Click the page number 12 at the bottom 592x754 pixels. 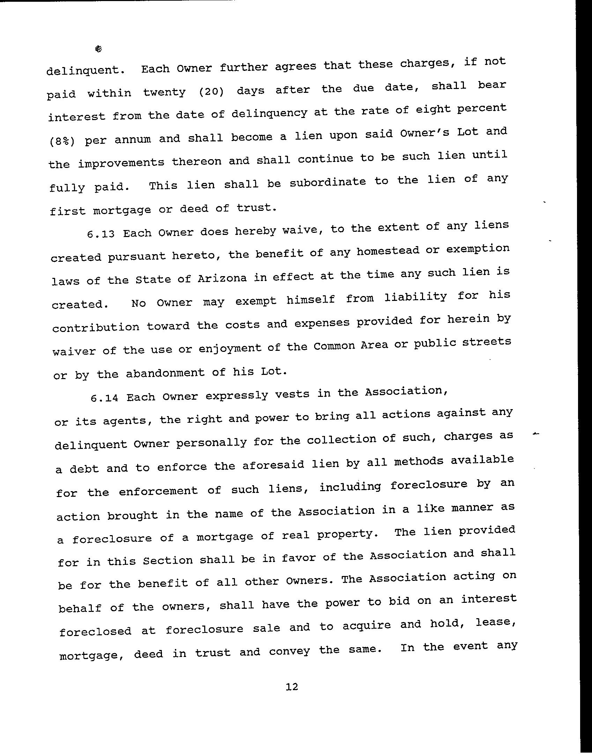point(292,687)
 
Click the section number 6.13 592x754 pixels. point(101,234)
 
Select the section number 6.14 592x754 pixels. point(104,398)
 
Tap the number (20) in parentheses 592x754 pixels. point(211,91)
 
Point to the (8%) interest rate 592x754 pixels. point(61,141)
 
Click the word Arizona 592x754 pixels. point(222,278)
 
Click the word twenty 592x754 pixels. point(164,93)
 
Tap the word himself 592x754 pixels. point(311,300)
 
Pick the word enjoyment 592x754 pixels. point(229,348)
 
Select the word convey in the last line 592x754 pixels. point(289,651)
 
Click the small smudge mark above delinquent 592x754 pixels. point(98,49)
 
